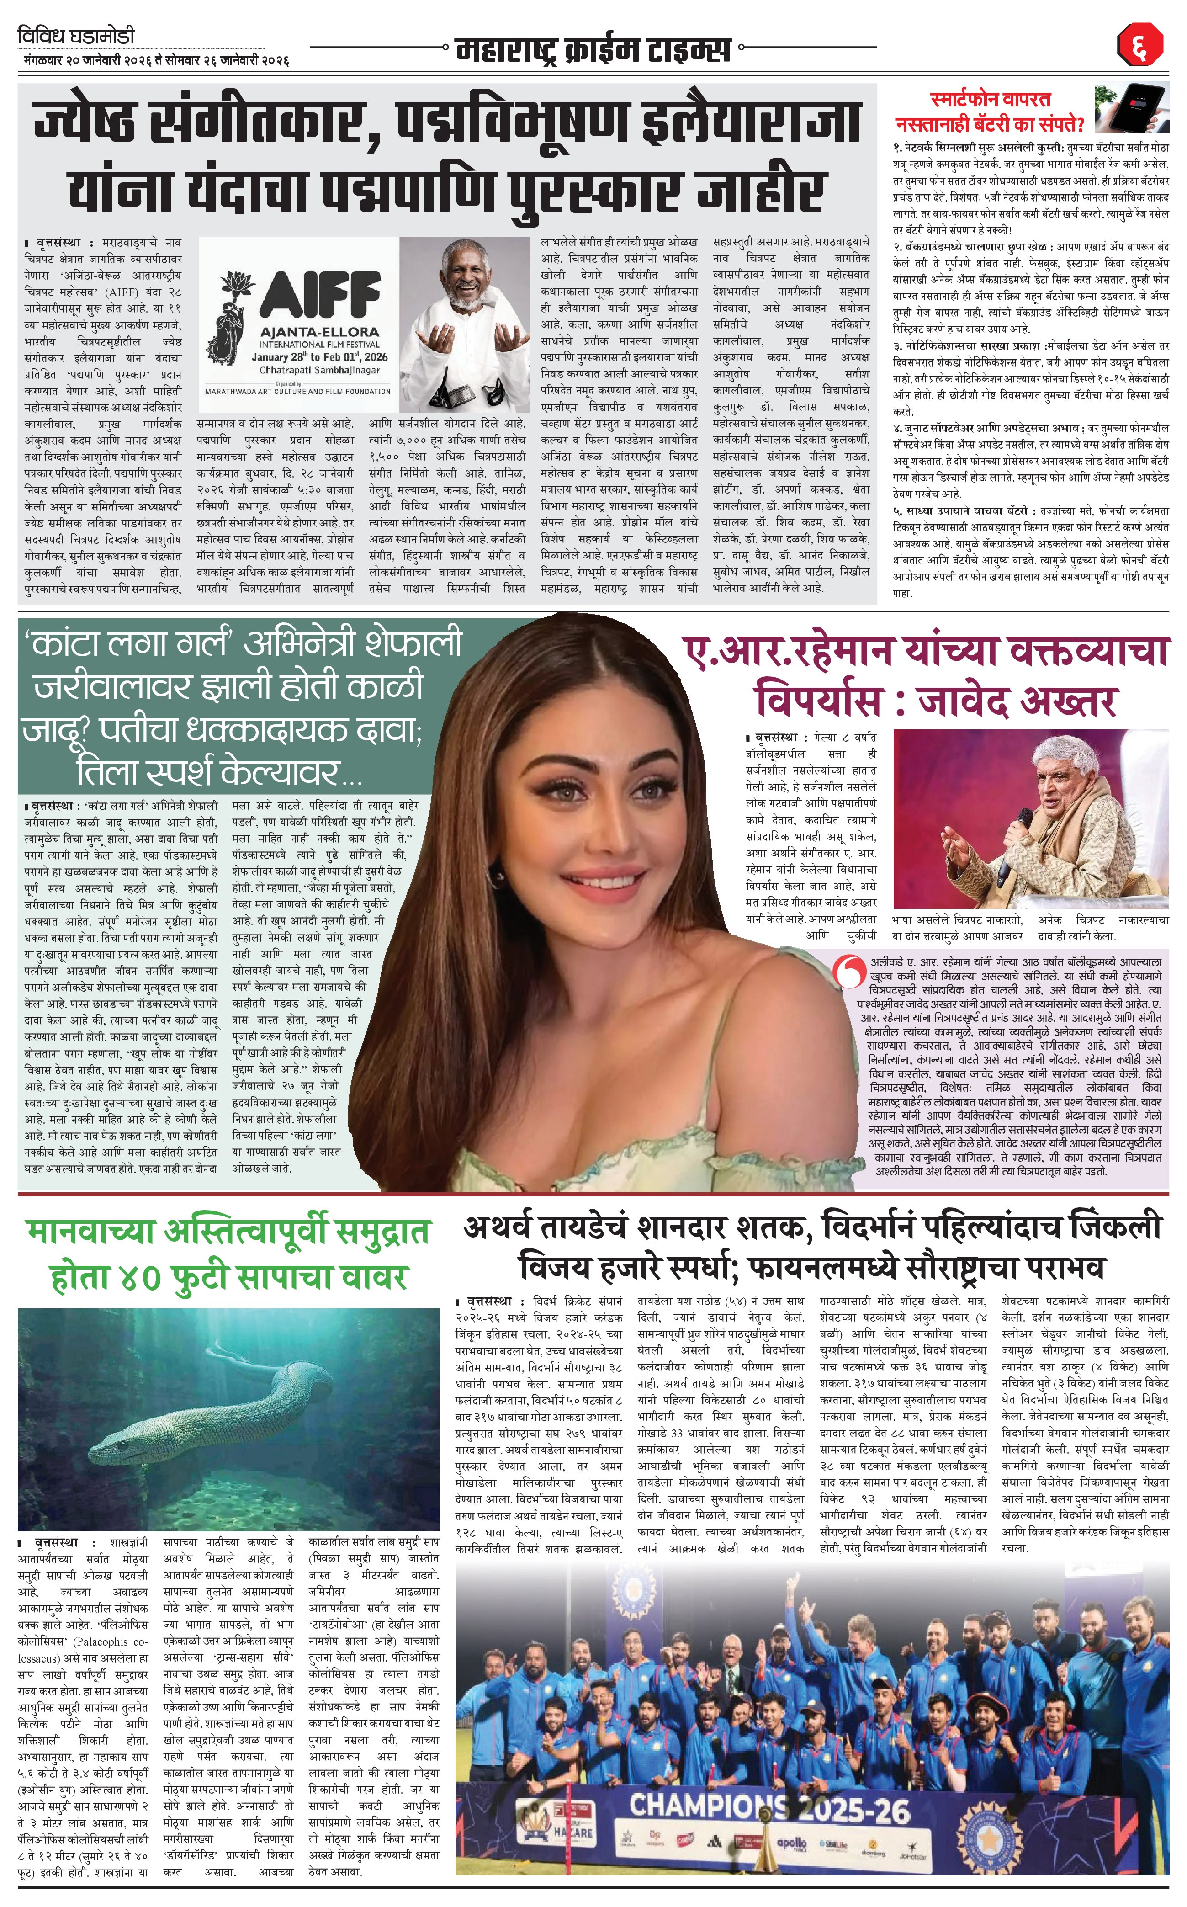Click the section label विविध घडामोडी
tap(76, 36)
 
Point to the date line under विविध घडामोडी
tap(154, 60)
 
